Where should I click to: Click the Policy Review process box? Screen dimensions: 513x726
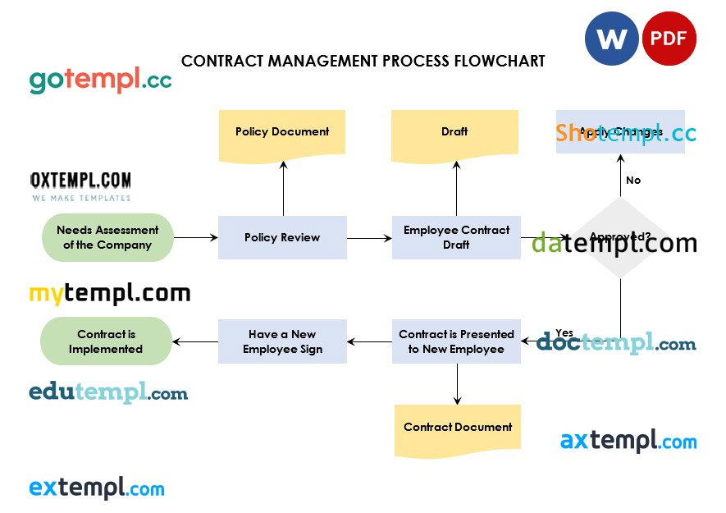click(282, 237)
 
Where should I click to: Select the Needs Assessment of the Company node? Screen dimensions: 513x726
click(107, 237)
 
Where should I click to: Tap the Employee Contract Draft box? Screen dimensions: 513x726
click(456, 237)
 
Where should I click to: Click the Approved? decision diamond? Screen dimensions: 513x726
click(620, 238)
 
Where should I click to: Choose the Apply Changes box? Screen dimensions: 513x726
click(620, 131)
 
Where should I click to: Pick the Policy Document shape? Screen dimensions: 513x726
click(282, 132)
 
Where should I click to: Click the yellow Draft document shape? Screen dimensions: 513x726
click(454, 132)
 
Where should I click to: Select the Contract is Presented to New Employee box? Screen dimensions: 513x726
click(456, 341)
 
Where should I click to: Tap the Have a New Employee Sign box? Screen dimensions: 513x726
click(282, 341)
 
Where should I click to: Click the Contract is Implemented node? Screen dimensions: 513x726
click(107, 341)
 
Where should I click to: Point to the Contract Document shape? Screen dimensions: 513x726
click(458, 428)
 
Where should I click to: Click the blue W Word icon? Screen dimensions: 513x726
click(611, 39)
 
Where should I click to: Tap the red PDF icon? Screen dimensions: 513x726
click(669, 39)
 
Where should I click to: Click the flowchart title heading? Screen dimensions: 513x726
click(363, 62)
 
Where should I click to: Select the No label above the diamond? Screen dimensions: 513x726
click(633, 181)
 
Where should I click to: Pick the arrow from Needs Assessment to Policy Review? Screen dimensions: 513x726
click(195, 238)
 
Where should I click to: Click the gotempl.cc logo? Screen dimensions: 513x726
click(100, 80)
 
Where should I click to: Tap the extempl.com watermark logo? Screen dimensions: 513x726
click(97, 488)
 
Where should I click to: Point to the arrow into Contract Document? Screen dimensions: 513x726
click(457, 383)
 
